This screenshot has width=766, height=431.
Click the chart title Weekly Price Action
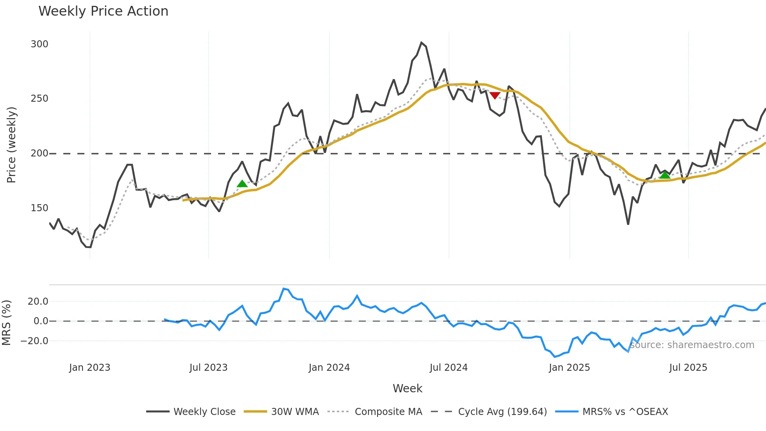pos(103,11)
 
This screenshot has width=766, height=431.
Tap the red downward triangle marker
pos(495,95)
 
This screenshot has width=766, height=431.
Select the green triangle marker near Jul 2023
pos(242,184)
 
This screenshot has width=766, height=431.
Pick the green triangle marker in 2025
pos(665,175)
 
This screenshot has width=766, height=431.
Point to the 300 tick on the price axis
pos(39,44)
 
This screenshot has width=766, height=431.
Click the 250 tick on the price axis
pos(39,99)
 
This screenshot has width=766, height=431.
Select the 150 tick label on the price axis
pos(39,208)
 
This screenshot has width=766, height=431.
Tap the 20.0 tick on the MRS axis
pos(38,302)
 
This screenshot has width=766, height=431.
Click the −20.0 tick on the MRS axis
pos(34,341)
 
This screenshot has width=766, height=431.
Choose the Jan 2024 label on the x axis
pos(329,368)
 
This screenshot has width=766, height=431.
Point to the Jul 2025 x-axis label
pos(688,368)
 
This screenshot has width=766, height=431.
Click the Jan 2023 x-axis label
pos(89,368)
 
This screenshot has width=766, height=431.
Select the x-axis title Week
pos(407,388)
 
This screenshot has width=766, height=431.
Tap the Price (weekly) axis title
pos(11,145)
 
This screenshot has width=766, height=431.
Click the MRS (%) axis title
pos(6,323)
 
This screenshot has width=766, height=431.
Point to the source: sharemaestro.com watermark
pos(692,345)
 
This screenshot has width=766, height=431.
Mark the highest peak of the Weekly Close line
pos(421,42)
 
